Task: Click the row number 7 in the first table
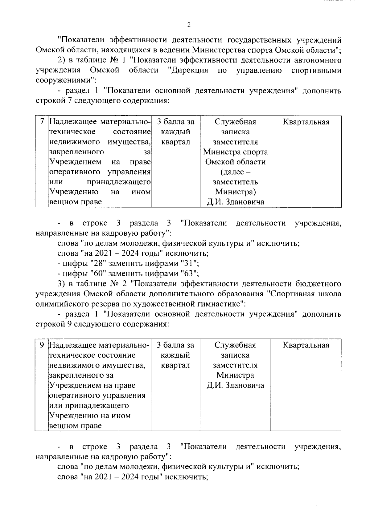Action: pyautogui.click(x=42, y=122)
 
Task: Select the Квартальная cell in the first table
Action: pyautogui.click(x=306, y=122)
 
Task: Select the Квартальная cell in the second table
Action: pyautogui.click(x=306, y=345)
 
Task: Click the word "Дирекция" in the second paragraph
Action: pyautogui.click(x=189, y=71)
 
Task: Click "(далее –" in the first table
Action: pyautogui.click(x=236, y=172)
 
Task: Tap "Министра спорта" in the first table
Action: pyautogui.click(x=236, y=152)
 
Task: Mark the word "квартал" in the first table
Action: pyautogui.click(x=175, y=142)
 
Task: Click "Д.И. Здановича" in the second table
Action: pyautogui.click(x=236, y=385)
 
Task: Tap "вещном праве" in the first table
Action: pyautogui.click(x=76, y=202)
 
